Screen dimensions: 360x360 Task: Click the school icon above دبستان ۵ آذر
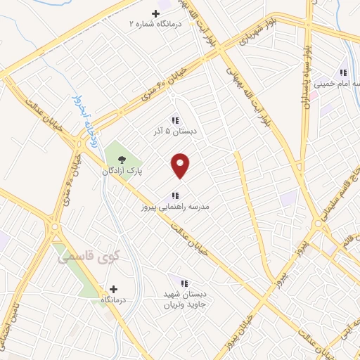click(174, 120)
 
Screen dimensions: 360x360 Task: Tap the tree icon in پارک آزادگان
click(122, 159)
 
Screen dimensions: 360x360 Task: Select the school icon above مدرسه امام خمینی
click(343, 72)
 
